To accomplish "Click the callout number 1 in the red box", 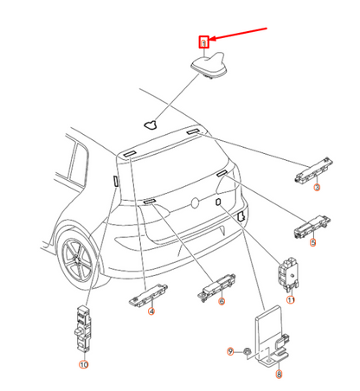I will [x=204, y=42].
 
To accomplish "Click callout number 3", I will [x=317, y=187].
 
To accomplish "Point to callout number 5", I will [x=312, y=244].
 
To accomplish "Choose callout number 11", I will [x=291, y=299].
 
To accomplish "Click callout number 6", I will [x=221, y=301].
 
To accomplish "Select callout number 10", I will [x=84, y=365].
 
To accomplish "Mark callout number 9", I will [x=230, y=350].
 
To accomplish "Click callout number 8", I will [x=279, y=374].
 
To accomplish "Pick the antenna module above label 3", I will [x=312, y=169].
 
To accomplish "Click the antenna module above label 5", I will [x=309, y=228].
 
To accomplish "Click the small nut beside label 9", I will [x=247, y=350].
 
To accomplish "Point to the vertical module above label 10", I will [x=82, y=328].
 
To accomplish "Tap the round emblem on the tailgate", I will [x=196, y=205].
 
